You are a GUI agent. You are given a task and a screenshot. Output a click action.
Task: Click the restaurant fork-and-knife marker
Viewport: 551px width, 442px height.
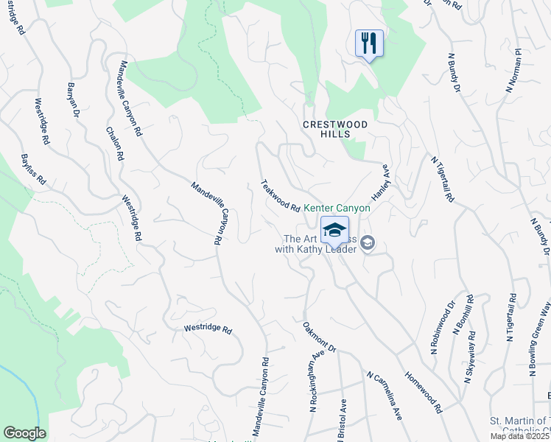coord(369,43)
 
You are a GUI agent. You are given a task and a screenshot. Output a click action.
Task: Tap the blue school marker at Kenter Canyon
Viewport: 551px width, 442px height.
coord(334,230)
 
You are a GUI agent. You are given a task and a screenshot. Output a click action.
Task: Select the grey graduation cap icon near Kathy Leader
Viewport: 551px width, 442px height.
coord(368,243)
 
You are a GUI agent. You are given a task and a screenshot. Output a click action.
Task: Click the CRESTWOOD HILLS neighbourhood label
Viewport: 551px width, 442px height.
coord(335,130)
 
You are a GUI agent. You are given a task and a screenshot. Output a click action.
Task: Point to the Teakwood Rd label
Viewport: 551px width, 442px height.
coord(280,197)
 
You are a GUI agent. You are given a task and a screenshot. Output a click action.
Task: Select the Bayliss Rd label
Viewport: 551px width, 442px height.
coord(33,169)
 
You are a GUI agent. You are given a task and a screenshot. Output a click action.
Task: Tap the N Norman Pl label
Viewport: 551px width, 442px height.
coord(513,70)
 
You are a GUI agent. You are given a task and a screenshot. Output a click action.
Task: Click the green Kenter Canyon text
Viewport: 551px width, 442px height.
coord(337,208)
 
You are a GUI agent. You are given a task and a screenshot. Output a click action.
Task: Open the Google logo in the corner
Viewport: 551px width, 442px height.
coord(24,433)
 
